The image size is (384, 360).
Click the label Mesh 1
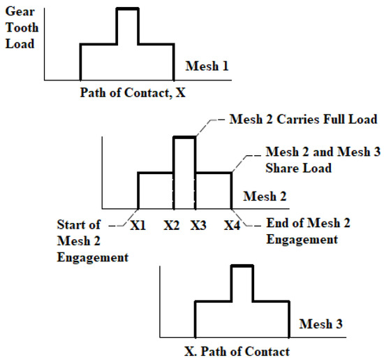point(207,66)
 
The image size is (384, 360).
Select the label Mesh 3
point(321,324)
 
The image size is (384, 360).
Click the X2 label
point(173,225)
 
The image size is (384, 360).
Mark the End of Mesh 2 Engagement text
point(309,232)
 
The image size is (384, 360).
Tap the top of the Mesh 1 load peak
point(127,8)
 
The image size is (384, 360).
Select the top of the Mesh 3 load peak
point(242,266)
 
